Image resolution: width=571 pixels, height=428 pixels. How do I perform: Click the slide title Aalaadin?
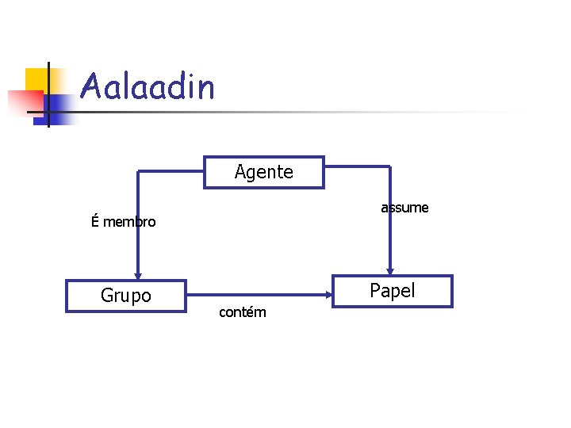[x=148, y=86]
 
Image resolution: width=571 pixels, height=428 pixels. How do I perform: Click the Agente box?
[x=264, y=172]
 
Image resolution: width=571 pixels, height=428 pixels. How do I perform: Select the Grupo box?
[x=125, y=296]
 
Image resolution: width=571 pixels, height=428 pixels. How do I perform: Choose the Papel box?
[x=392, y=291]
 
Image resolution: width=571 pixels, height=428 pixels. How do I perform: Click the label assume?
[x=404, y=208]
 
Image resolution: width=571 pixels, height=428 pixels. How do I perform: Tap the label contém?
[x=242, y=312]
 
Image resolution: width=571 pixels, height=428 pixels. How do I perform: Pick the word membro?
[x=129, y=222]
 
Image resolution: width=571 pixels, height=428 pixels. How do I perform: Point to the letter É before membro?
[x=95, y=221]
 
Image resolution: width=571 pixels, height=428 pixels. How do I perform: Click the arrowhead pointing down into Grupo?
[x=139, y=273]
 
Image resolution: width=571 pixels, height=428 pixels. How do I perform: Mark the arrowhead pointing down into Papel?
[x=389, y=269]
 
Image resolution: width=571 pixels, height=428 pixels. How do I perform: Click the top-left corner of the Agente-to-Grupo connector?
[x=139, y=170]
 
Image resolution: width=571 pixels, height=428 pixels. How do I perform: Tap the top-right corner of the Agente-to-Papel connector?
[x=389, y=166]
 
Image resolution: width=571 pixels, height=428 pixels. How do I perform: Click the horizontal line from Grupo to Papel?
[x=254, y=296]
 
